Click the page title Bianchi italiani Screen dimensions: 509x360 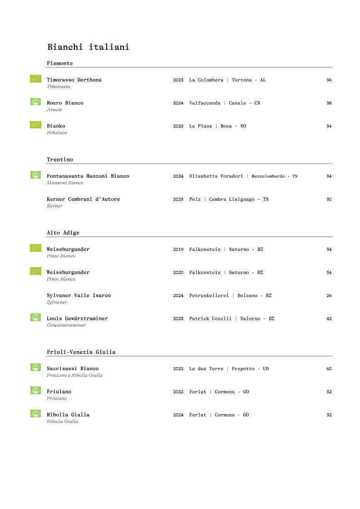(88, 47)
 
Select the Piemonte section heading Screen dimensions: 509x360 (59, 63)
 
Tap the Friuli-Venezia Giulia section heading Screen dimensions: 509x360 (81, 352)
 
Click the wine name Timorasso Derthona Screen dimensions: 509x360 (74, 80)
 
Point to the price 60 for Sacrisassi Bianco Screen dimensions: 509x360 (329, 369)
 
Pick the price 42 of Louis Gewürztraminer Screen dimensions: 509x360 (329, 319)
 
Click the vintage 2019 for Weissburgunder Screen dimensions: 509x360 (178, 250)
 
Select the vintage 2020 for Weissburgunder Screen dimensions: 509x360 (178, 273)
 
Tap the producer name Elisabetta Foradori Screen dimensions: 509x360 (216, 176)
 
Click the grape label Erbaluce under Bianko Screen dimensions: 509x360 (57, 133)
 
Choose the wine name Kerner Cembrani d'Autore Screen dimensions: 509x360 (83, 199)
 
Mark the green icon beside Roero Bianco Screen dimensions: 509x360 (35, 102)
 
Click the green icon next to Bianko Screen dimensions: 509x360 (35, 125)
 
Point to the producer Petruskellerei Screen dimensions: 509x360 (209, 296)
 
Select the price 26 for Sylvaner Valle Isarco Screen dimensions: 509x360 (329, 296)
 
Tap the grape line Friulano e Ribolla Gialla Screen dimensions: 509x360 (74, 376)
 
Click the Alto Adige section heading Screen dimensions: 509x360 (63, 233)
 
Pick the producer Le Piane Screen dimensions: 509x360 (200, 126)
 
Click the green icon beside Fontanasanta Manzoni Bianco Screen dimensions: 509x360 (35, 175)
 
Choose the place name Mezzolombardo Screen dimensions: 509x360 (267, 176)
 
